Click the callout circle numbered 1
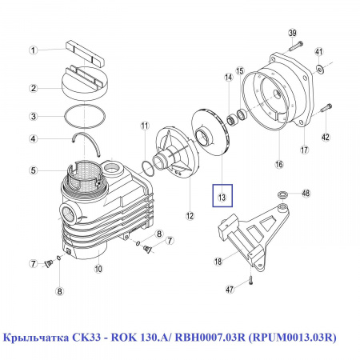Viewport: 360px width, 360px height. tap(34, 50)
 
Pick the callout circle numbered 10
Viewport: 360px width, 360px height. tap(98, 269)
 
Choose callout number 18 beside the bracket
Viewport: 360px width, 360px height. tap(218, 261)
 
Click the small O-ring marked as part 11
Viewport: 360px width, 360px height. tap(146, 167)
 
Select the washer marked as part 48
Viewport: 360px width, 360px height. tap(282, 194)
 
